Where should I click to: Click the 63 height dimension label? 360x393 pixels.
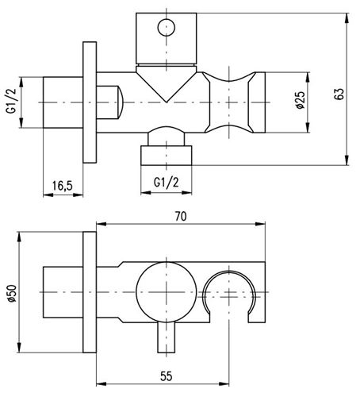coord(339,94)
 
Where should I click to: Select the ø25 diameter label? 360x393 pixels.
coord(301,100)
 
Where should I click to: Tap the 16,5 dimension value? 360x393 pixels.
coord(62,186)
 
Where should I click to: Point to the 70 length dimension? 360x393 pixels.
coord(181,217)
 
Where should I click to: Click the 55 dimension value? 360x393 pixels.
coord(167,376)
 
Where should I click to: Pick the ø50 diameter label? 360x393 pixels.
coord(12,293)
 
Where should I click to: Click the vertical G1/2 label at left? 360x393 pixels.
coord(11,101)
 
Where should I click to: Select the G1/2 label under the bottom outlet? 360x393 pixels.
coord(166,182)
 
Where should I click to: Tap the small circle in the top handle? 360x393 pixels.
coord(167,27)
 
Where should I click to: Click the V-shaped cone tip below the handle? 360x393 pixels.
coord(167,102)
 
